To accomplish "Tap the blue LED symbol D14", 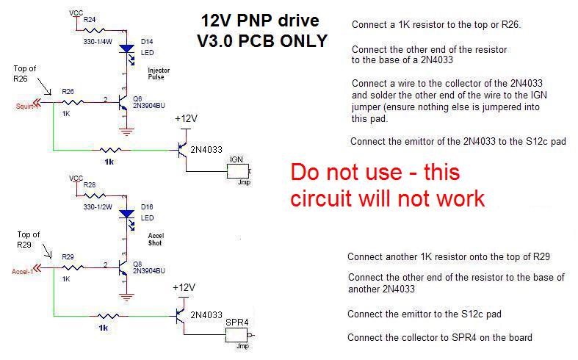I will [127, 50].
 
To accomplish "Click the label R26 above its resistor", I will [68, 92].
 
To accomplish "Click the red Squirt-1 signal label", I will [27, 105].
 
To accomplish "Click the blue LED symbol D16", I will [127, 214].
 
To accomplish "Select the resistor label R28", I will [90, 184].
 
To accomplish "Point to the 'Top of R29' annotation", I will [27, 240].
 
